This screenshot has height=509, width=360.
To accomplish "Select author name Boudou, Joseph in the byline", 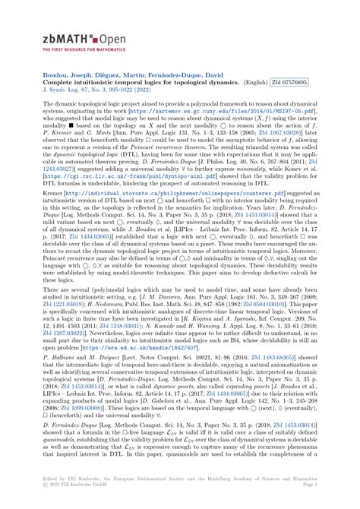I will coord(64,74).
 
